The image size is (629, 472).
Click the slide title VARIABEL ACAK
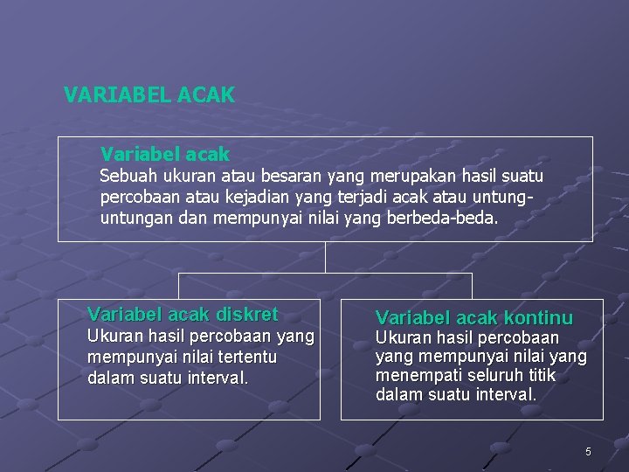(149, 95)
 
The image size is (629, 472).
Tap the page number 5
(588, 451)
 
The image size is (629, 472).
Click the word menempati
(416, 376)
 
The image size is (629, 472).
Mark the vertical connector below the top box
(325, 257)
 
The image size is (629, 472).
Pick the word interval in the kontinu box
(506, 395)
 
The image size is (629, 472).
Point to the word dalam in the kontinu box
(395, 395)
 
